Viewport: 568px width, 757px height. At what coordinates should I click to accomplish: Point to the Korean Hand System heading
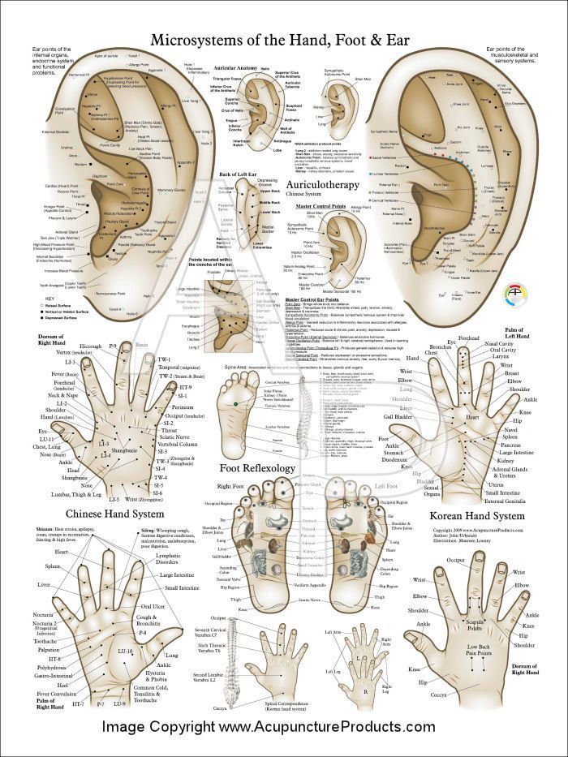[477, 514]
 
